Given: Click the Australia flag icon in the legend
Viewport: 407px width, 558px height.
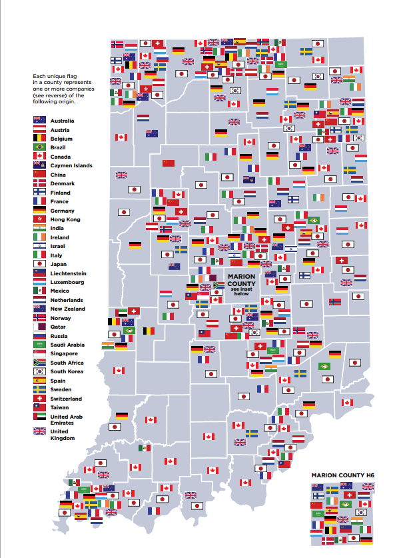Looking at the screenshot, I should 39,121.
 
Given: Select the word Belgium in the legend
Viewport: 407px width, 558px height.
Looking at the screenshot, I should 61,139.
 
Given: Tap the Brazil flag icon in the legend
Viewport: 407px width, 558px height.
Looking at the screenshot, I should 39,147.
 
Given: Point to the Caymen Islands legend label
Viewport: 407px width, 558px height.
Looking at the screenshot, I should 71,165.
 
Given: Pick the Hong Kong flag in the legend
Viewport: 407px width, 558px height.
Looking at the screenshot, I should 39,219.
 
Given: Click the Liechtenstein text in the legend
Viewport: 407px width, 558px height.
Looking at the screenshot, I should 68,273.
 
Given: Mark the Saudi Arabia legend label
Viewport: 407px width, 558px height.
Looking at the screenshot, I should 67,345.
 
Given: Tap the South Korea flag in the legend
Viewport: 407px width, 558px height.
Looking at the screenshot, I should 39,371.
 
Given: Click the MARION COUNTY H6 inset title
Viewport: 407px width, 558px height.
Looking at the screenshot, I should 339,475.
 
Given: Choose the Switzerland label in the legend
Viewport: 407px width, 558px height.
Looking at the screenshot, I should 67,399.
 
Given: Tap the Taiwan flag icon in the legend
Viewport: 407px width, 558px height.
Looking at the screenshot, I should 39,407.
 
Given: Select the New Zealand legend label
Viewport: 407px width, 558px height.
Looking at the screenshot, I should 68,309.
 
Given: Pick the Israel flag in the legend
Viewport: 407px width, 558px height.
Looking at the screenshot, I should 39,246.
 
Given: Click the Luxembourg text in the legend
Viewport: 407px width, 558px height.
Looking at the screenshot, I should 67,282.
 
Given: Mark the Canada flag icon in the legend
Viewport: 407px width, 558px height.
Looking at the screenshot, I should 39,157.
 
